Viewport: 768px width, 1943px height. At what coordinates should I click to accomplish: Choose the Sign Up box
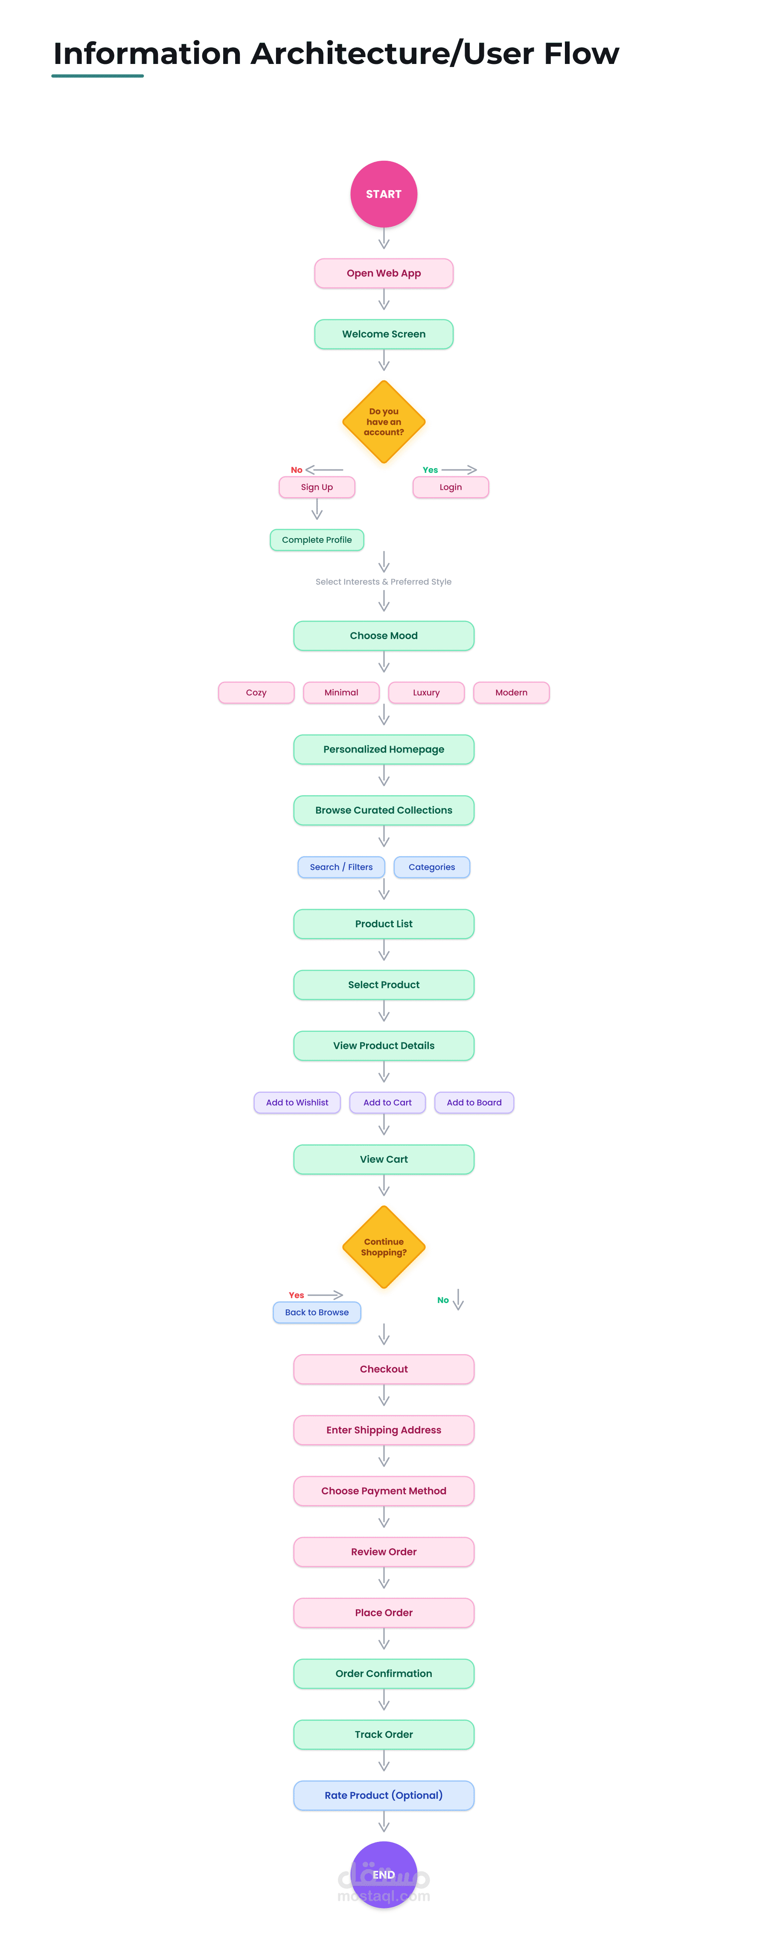[x=317, y=487]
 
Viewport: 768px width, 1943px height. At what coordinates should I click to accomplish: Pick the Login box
[x=451, y=487]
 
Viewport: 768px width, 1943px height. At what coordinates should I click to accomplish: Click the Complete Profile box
[x=317, y=540]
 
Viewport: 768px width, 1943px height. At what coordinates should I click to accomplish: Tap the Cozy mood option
[x=256, y=692]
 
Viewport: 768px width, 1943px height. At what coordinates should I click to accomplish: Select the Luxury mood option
[x=426, y=692]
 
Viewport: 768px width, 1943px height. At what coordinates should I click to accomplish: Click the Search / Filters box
[x=341, y=867]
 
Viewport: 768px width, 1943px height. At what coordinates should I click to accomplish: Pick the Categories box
[x=431, y=867]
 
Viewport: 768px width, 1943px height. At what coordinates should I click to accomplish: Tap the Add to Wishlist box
[x=297, y=1103]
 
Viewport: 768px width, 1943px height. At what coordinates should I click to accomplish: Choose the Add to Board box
[x=474, y=1103]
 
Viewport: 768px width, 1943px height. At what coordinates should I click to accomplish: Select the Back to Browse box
[x=317, y=1312]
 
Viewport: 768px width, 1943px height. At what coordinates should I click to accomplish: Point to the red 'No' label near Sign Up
[x=297, y=470]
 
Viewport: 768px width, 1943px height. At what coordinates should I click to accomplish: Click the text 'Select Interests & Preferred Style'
[x=383, y=582]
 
